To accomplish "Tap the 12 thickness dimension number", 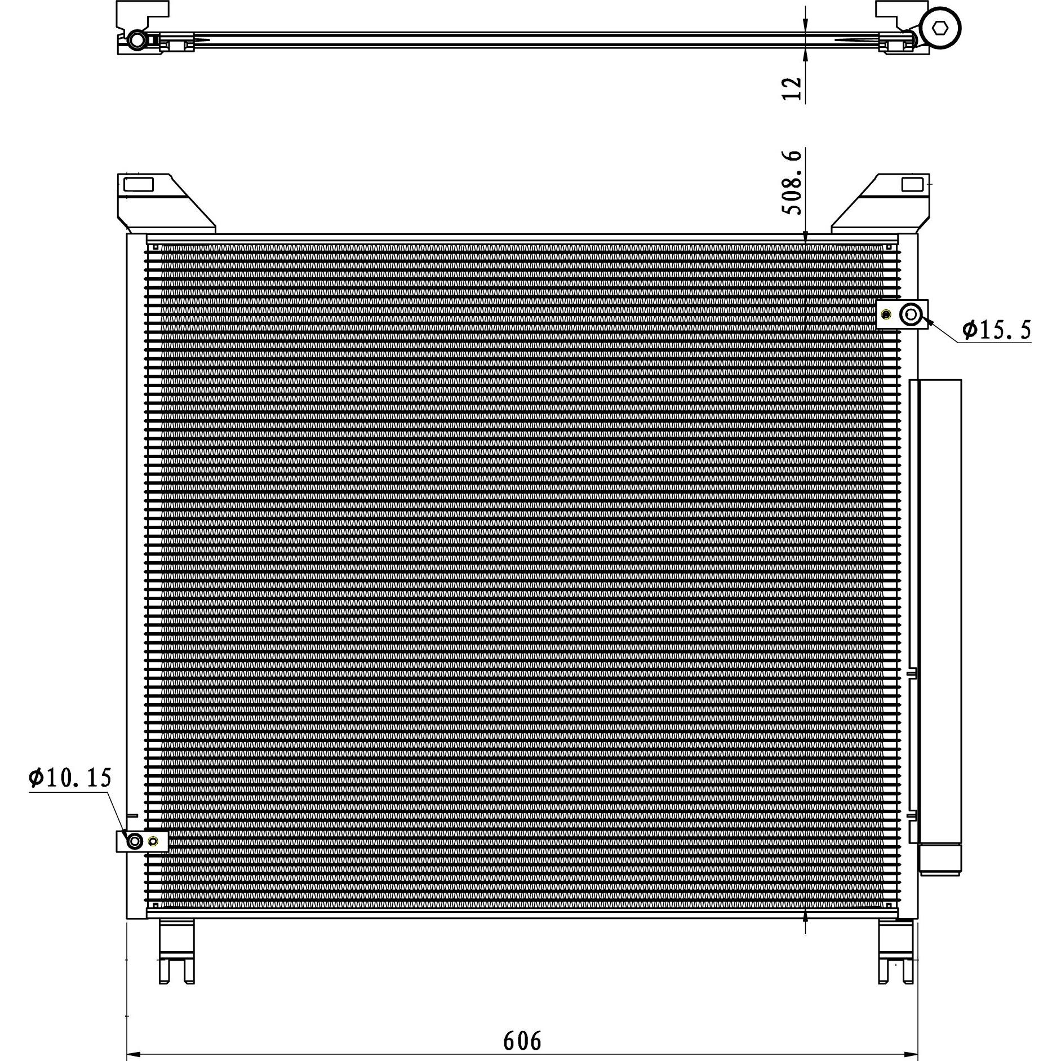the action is click(x=792, y=88).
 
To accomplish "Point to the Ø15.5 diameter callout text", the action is click(x=997, y=329).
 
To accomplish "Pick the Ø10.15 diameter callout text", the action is click(x=70, y=778).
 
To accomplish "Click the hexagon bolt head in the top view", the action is click(x=939, y=28).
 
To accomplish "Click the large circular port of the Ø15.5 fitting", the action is click(x=911, y=314).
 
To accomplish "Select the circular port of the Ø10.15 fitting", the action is click(x=134, y=842).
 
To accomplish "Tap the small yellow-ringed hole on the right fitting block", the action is click(x=886, y=314).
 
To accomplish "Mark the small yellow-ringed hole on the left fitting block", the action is click(x=153, y=842).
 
